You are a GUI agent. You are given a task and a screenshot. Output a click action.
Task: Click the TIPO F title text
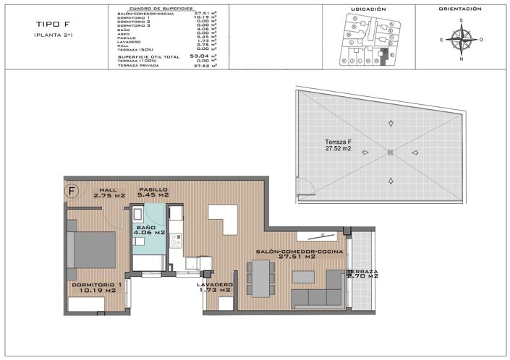pos(31,23)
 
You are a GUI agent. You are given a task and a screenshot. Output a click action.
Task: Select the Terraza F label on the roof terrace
pos(339,141)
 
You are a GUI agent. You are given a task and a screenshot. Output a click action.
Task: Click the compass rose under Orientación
pos(459,39)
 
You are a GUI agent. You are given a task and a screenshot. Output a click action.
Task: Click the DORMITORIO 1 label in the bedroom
pos(95,285)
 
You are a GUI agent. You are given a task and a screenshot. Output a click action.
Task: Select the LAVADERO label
pos(215,285)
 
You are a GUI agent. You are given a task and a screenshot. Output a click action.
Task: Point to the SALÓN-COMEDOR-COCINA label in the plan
pos(285,252)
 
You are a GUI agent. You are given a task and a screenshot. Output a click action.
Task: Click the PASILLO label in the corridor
pos(153,189)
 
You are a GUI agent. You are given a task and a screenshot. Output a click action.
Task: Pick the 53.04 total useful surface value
pos(200,55)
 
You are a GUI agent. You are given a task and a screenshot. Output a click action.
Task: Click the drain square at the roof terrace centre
pos(390,152)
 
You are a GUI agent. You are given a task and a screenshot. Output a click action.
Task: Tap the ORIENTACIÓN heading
pos(459,9)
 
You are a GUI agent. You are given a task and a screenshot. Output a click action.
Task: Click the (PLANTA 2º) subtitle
pos(32,35)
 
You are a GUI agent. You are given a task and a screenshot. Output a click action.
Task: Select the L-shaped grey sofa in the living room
pos(318,293)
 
